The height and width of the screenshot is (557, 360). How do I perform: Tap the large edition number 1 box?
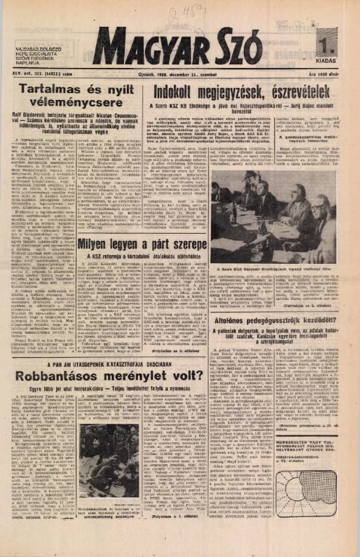tap(327, 48)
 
